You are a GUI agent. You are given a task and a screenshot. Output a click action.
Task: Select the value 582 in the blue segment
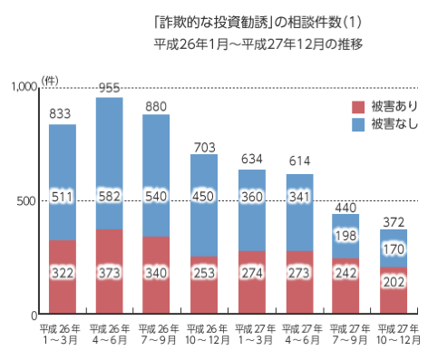110,195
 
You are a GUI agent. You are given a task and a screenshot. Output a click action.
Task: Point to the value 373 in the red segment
110,271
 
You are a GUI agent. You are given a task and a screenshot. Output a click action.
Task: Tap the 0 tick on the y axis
32,314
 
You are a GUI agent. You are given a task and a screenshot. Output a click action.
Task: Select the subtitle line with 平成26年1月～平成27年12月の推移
258,43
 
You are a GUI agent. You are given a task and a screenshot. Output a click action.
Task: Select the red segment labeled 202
394,282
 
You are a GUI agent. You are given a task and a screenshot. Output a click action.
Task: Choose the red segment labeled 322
62,271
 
